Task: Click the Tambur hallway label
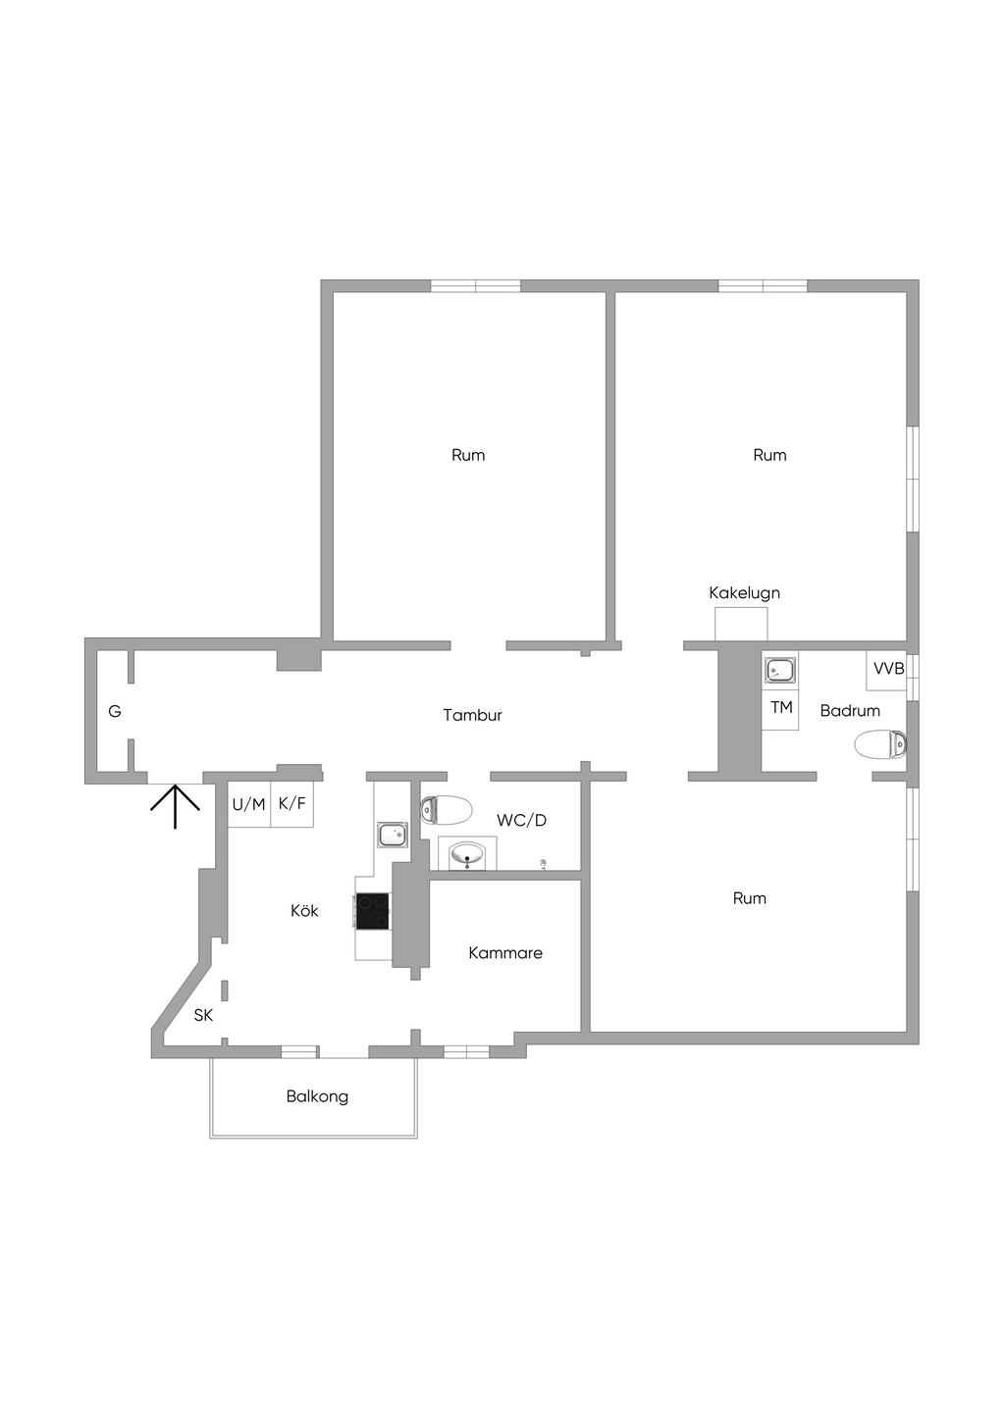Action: coord(472,715)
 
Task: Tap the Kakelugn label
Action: coord(744,592)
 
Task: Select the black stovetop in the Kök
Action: coord(373,911)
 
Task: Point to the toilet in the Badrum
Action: coord(879,744)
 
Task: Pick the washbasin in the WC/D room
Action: coord(467,855)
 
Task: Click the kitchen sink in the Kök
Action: coord(393,835)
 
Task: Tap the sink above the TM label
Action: coord(780,671)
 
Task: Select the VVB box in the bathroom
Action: coord(888,669)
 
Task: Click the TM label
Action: coord(781,707)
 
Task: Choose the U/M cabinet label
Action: coord(248,804)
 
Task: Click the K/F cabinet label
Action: coord(292,804)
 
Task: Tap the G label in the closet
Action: coord(115,711)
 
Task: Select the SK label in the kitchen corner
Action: coord(203,1015)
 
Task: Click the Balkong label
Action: coord(317,1096)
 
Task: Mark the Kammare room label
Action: coord(504,952)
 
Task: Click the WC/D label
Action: coord(521,820)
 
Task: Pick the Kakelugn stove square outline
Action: coord(741,625)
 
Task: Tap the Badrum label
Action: coord(850,710)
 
